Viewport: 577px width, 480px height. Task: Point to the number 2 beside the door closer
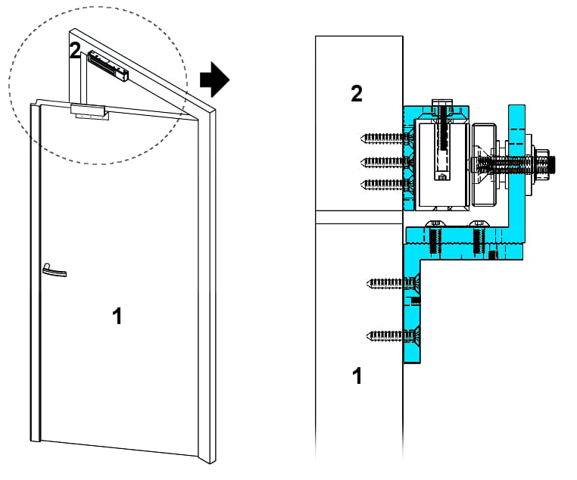point(75,51)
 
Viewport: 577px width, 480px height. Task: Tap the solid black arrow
point(214,79)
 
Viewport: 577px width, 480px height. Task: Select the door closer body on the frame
point(108,65)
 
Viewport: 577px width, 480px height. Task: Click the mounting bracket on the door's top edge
point(88,111)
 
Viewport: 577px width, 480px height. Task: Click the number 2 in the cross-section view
point(357,94)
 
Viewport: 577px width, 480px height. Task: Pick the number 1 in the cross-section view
point(357,376)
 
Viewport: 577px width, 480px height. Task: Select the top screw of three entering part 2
point(386,138)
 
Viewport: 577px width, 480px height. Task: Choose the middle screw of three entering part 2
point(386,161)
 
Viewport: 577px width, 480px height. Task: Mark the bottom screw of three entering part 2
point(386,183)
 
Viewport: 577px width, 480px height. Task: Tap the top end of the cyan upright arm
point(517,108)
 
